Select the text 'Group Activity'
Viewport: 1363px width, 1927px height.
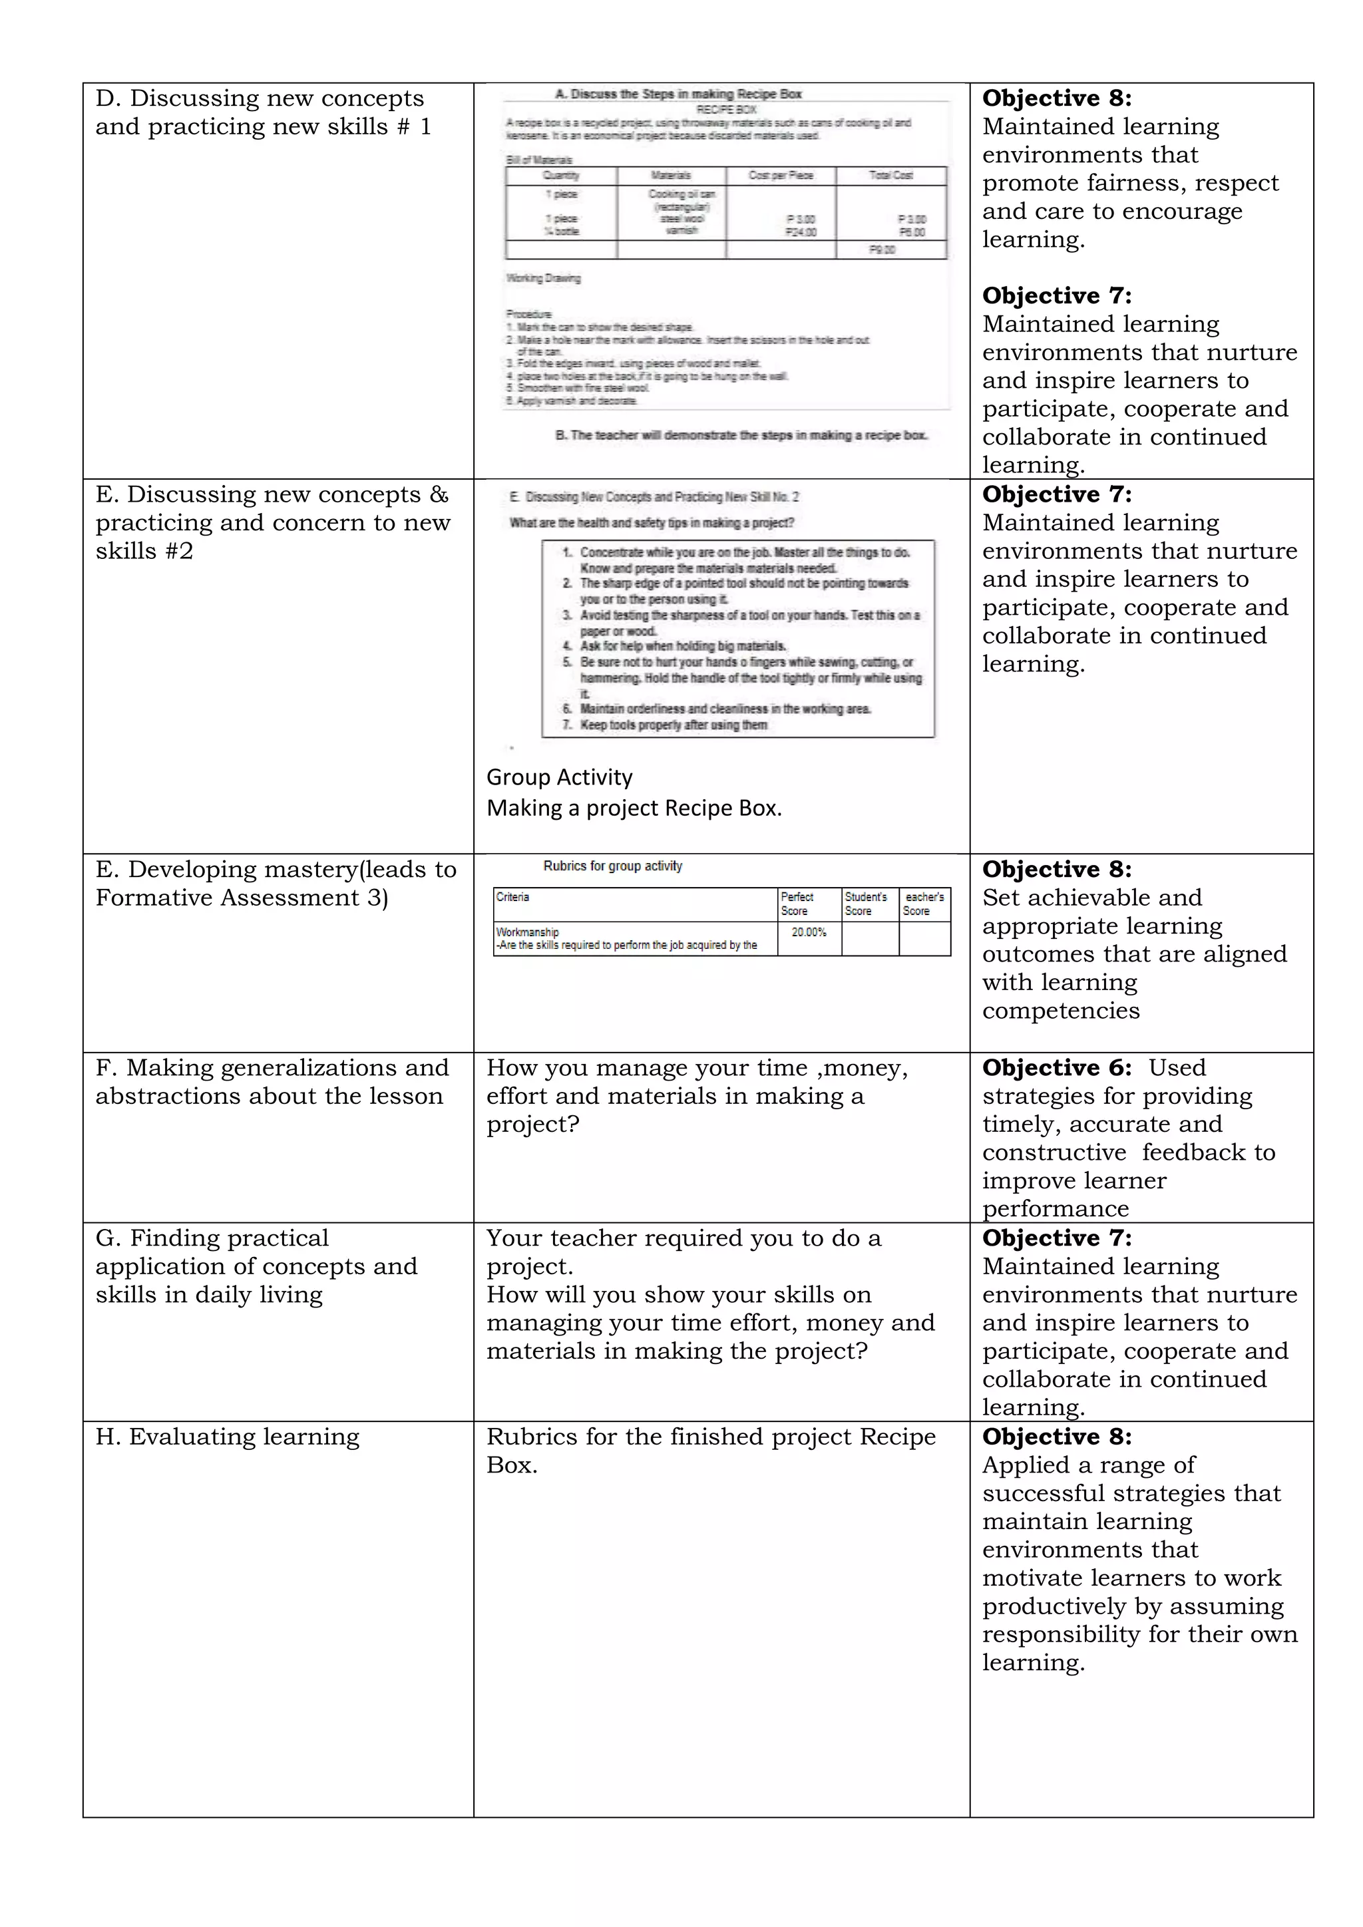click(x=559, y=777)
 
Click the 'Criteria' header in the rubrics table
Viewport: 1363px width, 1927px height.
click(x=513, y=897)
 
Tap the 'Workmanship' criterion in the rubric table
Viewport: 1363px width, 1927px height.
click(x=527, y=932)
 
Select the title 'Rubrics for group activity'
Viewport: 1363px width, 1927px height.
click(x=613, y=866)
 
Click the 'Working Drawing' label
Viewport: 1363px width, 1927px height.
click(x=543, y=277)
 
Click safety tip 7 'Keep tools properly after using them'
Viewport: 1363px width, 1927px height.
click(x=672, y=725)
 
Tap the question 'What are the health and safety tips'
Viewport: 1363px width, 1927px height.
click(x=652, y=523)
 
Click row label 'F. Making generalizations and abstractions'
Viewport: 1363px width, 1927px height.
click(x=272, y=1082)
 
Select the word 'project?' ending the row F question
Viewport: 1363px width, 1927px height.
click(x=533, y=1125)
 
